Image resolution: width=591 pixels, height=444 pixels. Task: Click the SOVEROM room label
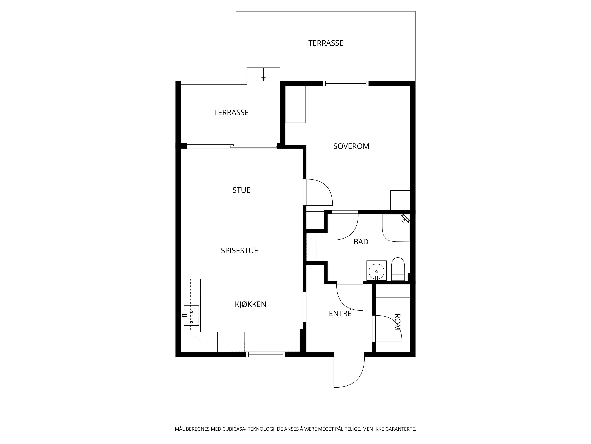351,146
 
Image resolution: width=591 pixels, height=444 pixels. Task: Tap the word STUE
241,190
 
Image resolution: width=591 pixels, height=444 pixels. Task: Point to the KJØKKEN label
251,304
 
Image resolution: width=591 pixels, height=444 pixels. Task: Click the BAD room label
361,242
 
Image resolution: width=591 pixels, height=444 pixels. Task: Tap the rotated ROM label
398,322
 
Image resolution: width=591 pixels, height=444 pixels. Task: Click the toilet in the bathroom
398,269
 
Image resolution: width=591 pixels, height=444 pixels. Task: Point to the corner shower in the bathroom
396,228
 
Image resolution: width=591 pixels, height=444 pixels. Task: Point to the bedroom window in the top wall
346,84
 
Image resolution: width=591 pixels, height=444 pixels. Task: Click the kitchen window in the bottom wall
266,354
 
